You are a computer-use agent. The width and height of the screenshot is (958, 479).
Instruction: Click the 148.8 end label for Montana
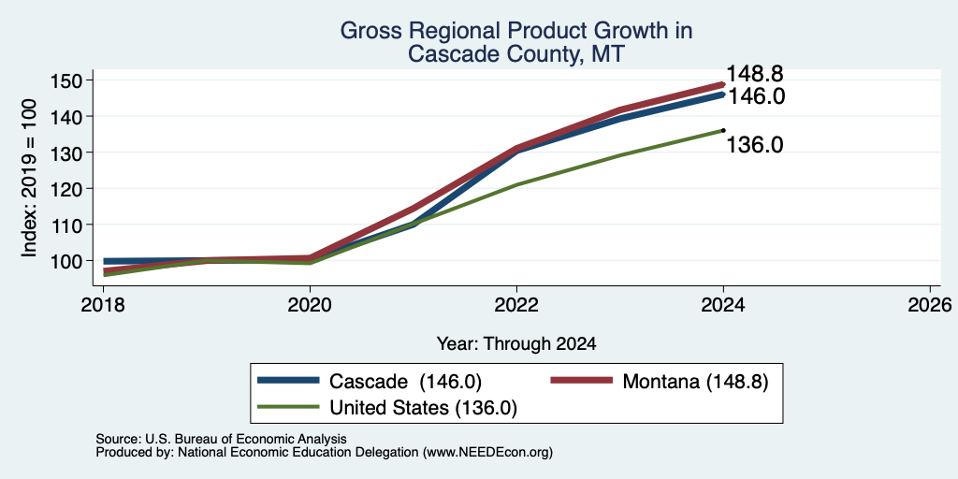click(754, 75)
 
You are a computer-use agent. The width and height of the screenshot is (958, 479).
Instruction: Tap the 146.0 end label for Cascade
click(755, 96)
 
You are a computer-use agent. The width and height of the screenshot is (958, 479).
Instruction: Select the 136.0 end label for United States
click(755, 145)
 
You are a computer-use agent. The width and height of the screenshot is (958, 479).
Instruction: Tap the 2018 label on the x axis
click(104, 304)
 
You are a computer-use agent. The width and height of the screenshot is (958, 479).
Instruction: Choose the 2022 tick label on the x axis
click(516, 304)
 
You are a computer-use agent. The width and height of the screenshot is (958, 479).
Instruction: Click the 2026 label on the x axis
click(930, 304)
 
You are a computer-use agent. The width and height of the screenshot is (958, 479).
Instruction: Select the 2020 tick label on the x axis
click(311, 304)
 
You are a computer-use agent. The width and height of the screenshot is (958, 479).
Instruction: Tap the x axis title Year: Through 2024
click(516, 343)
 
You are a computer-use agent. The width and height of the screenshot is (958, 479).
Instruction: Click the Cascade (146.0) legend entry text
click(405, 382)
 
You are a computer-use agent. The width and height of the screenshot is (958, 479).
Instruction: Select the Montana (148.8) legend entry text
click(695, 382)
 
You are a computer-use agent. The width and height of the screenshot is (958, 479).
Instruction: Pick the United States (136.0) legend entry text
click(424, 408)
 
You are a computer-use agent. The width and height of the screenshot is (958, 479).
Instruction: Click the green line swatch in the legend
click(288, 407)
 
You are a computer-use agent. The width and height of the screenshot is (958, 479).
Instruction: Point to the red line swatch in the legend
click(582, 381)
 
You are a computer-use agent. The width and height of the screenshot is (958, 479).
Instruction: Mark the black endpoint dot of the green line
click(723, 130)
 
